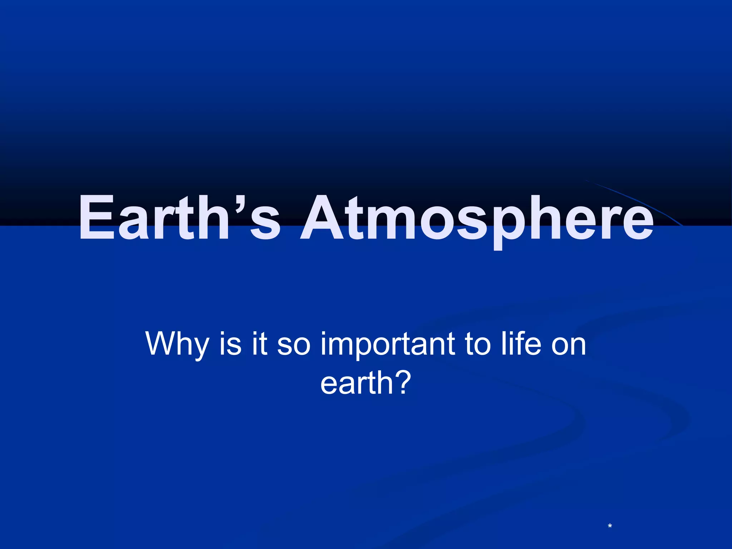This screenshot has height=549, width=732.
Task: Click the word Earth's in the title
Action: tap(179, 218)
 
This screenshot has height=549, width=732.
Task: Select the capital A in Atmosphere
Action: tap(323, 218)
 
